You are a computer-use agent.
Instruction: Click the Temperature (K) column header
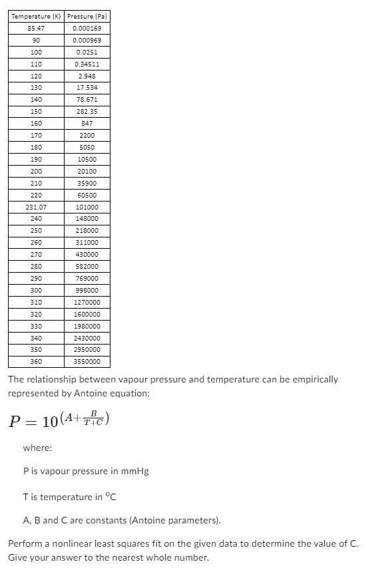(x=37, y=16)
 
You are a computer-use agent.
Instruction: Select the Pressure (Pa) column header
(x=87, y=16)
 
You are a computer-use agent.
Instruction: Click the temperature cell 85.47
(x=37, y=28)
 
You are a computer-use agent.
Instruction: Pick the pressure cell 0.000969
(x=87, y=40)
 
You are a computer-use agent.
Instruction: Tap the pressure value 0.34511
(x=87, y=64)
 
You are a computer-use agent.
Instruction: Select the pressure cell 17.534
(x=87, y=88)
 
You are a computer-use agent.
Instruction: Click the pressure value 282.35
(x=87, y=112)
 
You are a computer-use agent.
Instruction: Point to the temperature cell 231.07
(x=37, y=207)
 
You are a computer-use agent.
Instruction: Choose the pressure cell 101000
(x=87, y=207)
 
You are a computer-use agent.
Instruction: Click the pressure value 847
(x=87, y=124)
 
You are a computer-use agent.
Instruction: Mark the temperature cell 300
(x=37, y=291)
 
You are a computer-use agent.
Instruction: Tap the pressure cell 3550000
(x=87, y=362)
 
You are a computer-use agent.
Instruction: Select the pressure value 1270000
(x=87, y=303)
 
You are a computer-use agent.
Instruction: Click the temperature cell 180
(x=37, y=147)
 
